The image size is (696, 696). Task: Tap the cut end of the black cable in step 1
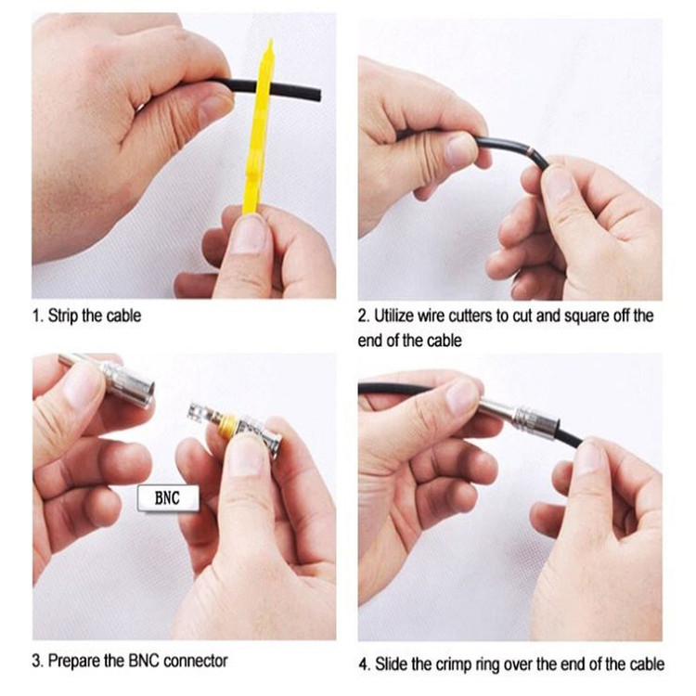[x=318, y=96]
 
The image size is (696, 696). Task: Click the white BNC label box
[x=168, y=498]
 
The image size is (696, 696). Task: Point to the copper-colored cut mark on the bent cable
[x=529, y=152]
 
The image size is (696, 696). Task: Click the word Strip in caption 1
[x=63, y=316]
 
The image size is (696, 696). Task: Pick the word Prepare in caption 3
[x=74, y=662]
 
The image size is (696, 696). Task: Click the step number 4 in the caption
[x=364, y=665]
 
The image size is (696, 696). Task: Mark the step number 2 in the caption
[x=363, y=316]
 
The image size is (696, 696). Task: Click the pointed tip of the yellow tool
[x=270, y=41]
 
